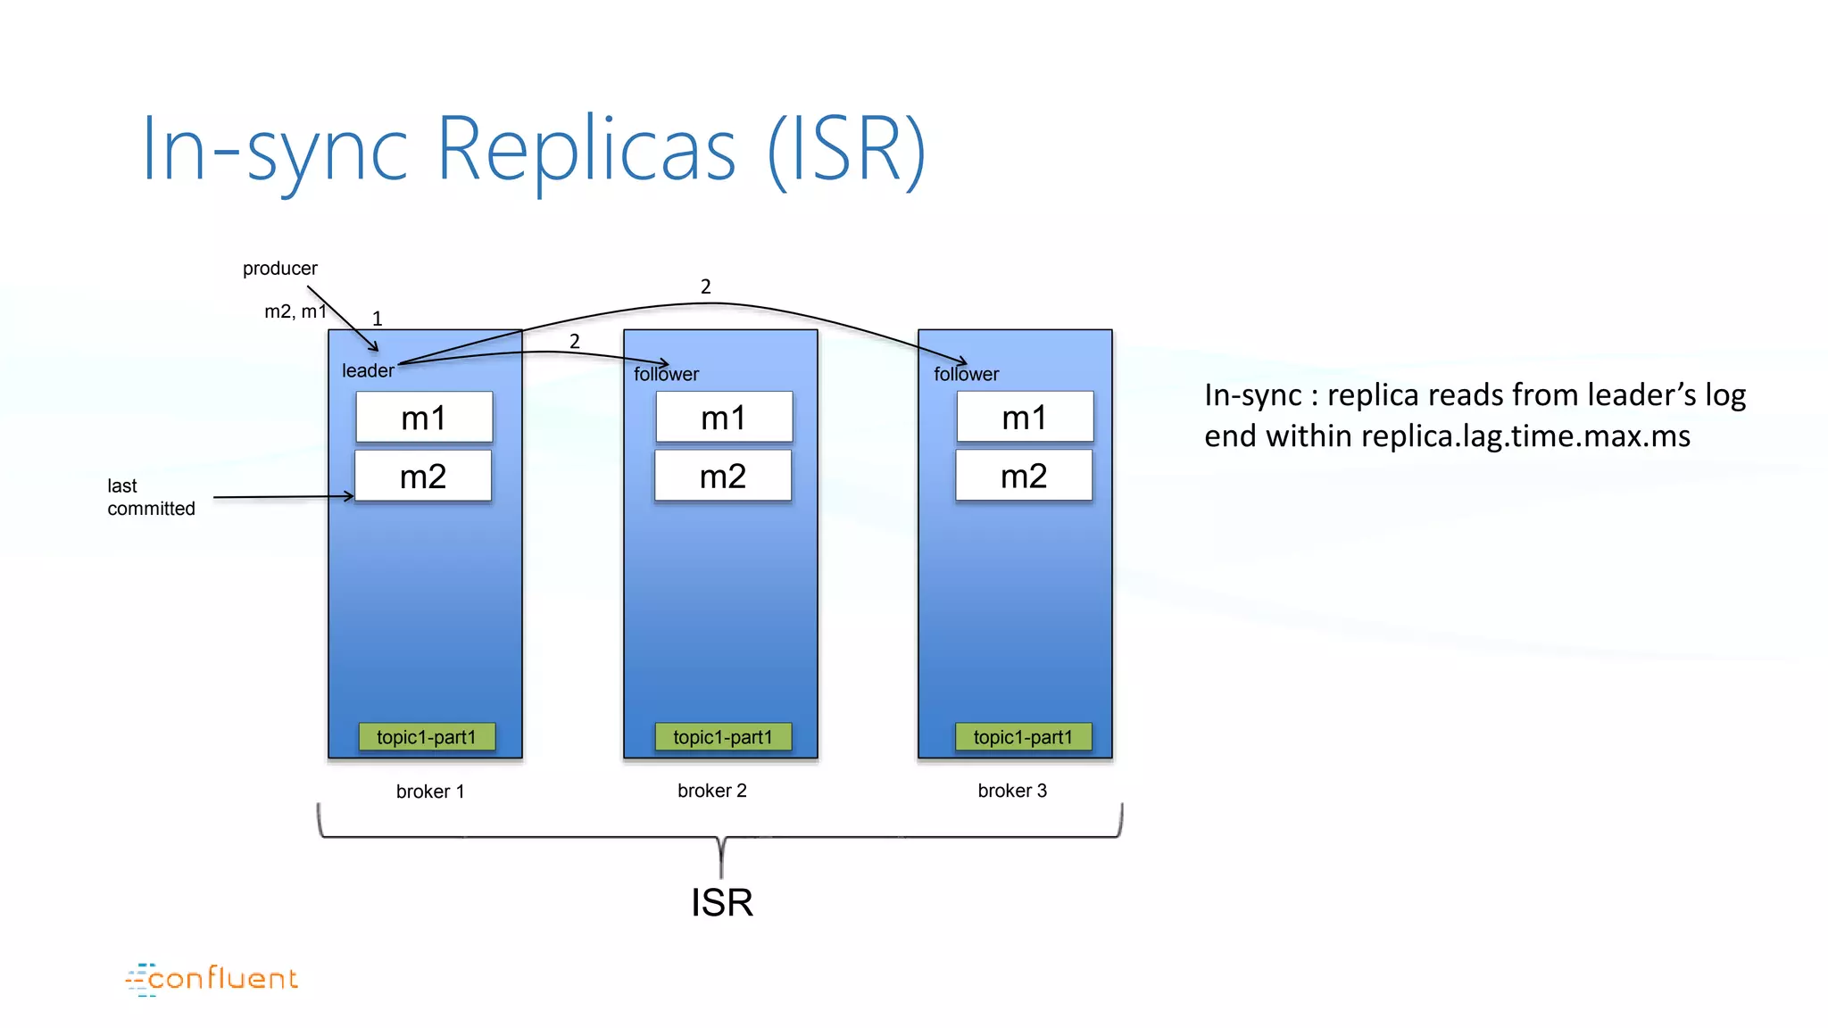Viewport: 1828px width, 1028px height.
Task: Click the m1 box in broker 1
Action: (424, 418)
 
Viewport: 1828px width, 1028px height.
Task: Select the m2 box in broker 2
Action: (723, 476)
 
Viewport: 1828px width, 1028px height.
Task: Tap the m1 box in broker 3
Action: (1025, 417)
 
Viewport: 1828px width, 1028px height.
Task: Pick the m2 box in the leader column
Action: (423, 476)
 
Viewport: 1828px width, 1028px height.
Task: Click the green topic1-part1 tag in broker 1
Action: (427, 737)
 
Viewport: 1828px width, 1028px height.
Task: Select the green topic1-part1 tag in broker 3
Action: (1023, 737)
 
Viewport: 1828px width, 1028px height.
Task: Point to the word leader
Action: (368, 370)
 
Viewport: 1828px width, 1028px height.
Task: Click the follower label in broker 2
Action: (666, 374)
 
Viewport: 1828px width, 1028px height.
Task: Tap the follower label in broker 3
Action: (966, 374)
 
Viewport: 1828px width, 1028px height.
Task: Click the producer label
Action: (279, 269)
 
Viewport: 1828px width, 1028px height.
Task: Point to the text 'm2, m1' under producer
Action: (295, 311)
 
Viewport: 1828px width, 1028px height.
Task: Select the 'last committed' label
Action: (150, 497)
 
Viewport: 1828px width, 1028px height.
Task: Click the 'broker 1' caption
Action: (429, 792)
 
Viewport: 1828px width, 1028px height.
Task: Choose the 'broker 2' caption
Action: (711, 791)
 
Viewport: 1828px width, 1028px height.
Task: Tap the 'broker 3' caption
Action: (1012, 791)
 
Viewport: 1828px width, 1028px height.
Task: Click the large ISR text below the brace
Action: (721, 902)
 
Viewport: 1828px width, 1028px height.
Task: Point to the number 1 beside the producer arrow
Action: (377, 319)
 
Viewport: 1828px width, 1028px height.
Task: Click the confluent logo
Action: (212, 979)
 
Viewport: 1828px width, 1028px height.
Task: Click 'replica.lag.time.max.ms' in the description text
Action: (1525, 436)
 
